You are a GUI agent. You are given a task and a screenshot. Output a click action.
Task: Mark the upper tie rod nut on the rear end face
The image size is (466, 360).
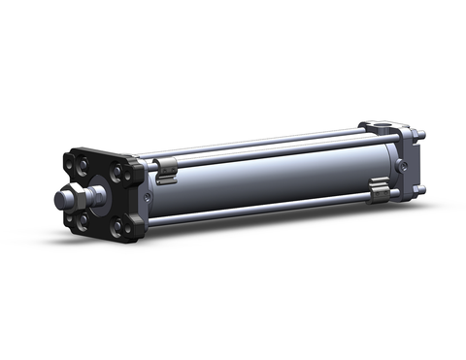[422, 135]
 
